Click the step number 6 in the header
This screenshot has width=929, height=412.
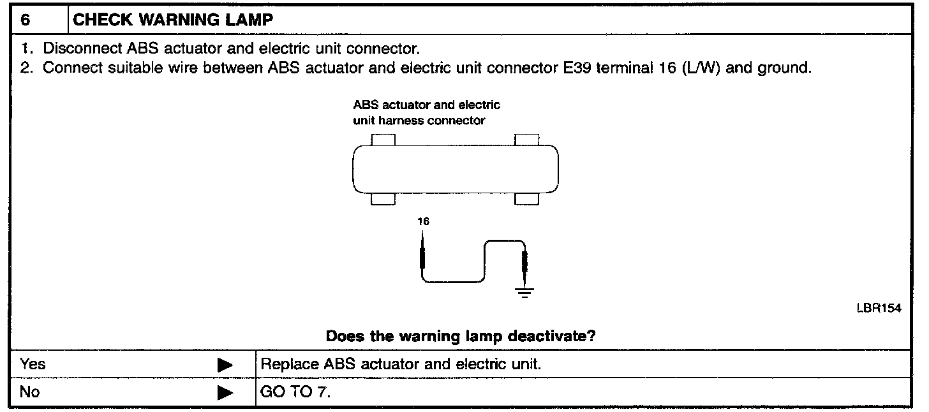(x=25, y=20)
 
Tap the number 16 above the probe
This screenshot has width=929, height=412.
(x=423, y=222)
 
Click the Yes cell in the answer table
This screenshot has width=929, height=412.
(x=33, y=365)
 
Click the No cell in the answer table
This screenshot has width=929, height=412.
(x=30, y=392)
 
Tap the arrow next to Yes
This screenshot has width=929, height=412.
(x=225, y=365)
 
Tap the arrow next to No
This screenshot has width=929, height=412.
(x=225, y=392)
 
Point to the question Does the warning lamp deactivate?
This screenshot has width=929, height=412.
(x=461, y=336)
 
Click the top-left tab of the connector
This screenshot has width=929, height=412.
(x=383, y=140)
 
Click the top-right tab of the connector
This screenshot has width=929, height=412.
(x=526, y=140)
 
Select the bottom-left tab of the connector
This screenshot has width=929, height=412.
(x=383, y=200)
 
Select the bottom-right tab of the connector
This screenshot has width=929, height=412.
(x=526, y=200)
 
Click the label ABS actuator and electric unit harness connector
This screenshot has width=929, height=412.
(x=426, y=113)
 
